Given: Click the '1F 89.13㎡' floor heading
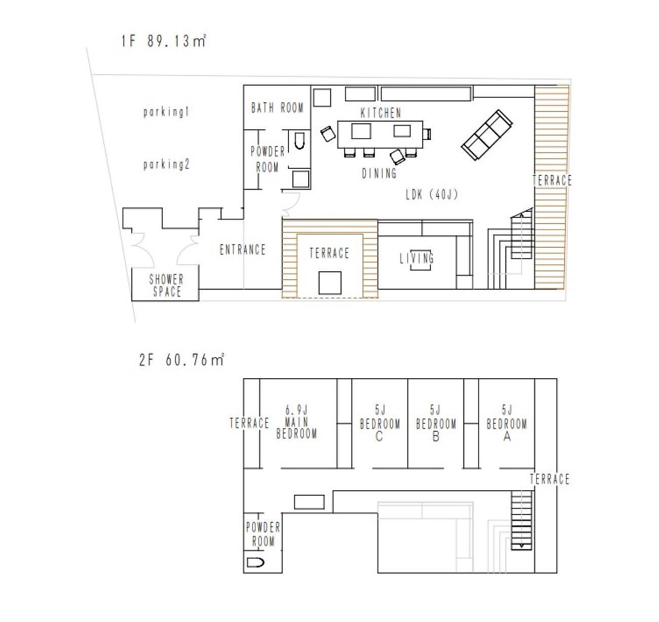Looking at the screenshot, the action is pyautogui.click(x=163, y=41).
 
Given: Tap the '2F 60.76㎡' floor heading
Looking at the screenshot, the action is pyautogui.click(x=181, y=360).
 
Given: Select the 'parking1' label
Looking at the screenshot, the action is pyautogui.click(x=166, y=112).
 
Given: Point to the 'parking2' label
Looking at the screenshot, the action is pyautogui.click(x=166, y=165).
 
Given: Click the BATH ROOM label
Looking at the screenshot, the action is pyautogui.click(x=277, y=108).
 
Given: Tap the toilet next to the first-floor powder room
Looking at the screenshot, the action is pyautogui.click(x=299, y=141).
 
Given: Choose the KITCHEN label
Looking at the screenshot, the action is pyautogui.click(x=381, y=113).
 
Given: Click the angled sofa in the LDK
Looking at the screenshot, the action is pyautogui.click(x=487, y=135).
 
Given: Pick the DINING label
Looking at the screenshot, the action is pyautogui.click(x=379, y=173).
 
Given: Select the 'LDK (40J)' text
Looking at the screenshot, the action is pyautogui.click(x=432, y=195).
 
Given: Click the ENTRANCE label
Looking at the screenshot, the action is pyautogui.click(x=242, y=249).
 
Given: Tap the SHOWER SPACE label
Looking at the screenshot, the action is pyautogui.click(x=167, y=285).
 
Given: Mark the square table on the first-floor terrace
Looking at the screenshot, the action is pyautogui.click(x=330, y=283).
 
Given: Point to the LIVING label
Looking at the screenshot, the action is pyautogui.click(x=417, y=258).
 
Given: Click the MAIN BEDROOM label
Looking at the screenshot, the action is pyautogui.click(x=297, y=428).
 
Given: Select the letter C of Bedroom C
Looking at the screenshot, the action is pyautogui.click(x=379, y=436).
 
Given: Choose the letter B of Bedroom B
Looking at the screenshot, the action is pyautogui.click(x=436, y=436).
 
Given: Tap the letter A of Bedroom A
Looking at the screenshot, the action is pyautogui.click(x=507, y=436).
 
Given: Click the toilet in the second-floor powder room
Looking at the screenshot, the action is pyautogui.click(x=255, y=562).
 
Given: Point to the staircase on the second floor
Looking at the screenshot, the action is pyautogui.click(x=521, y=521).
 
